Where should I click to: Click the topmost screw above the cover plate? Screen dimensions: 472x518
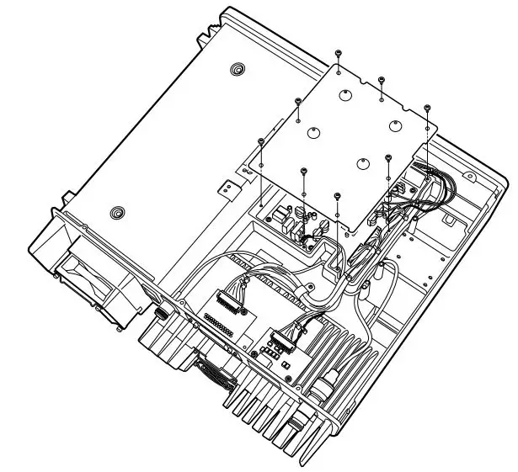pyautogui.click(x=338, y=53)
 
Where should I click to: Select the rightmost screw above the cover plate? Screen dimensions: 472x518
pyautogui.click(x=428, y=108)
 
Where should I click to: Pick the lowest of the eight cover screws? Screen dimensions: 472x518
pyautogui.click(x=338, y=195)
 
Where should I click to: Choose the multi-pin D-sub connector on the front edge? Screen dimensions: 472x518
pyautogui.click(x=214, y=369)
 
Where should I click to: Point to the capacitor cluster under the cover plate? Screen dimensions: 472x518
pyautogui.click(x=299, y=223)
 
